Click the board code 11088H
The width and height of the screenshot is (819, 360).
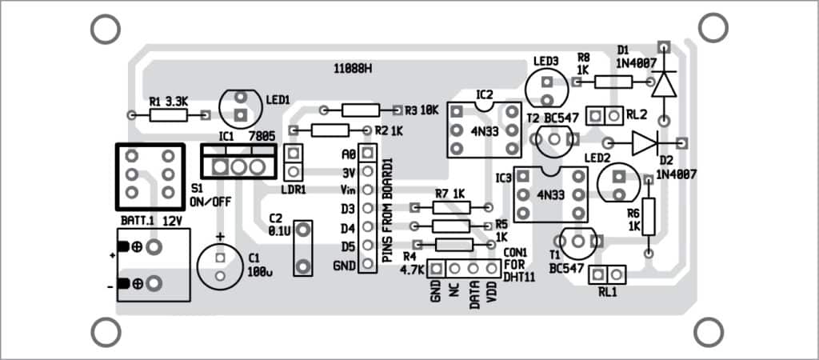point(353,69)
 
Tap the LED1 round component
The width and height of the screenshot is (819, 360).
point(240,104)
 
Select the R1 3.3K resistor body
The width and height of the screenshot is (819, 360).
point(170,115)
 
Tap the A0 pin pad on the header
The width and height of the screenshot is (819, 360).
point(367,153)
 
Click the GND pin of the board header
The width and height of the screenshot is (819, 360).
point(367,264)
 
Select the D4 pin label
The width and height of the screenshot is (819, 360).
point(347,227)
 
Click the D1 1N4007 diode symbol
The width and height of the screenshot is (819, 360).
point(663,82)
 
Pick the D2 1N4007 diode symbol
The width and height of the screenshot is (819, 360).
point(646,142)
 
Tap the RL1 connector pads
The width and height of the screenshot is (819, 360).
point(608,274)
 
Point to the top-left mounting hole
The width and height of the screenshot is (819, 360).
point(105,29)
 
